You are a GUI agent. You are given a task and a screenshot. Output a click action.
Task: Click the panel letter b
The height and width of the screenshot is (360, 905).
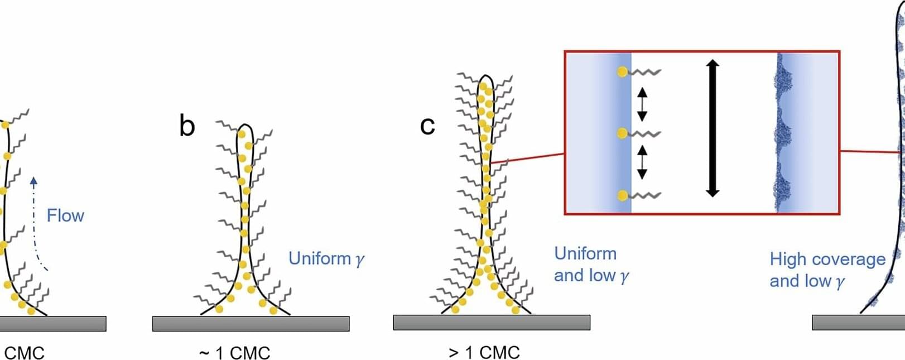187,126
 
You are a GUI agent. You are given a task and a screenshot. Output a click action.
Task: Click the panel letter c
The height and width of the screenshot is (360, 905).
427,126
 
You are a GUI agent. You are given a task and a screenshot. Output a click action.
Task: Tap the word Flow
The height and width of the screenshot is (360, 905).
65,215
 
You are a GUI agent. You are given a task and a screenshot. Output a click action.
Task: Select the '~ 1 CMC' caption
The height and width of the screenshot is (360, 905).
235,352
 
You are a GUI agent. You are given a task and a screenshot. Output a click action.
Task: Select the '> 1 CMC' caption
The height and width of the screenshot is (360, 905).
484,352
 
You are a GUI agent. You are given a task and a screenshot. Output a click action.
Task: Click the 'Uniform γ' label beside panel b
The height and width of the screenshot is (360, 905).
326,258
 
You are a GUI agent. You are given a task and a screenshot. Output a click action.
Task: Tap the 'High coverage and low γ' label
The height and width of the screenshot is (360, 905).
827,270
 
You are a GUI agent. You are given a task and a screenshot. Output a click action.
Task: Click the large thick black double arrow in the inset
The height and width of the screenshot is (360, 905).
713,128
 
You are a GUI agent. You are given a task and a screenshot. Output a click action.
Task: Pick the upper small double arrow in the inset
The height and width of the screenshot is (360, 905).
642,104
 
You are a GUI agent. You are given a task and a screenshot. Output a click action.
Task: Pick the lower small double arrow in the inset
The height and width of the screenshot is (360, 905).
642,162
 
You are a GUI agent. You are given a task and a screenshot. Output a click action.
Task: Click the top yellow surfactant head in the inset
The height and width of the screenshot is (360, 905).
623,72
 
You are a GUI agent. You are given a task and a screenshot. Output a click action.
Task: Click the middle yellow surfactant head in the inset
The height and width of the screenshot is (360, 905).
623,133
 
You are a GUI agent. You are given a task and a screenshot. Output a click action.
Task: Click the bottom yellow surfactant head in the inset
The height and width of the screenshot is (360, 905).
623,195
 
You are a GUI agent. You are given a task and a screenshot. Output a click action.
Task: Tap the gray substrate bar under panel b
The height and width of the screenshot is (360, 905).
251,324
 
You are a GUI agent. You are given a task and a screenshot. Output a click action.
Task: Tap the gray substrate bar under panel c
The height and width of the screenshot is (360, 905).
492,323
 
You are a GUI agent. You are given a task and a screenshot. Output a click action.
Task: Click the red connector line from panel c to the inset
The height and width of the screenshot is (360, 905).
527,159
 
